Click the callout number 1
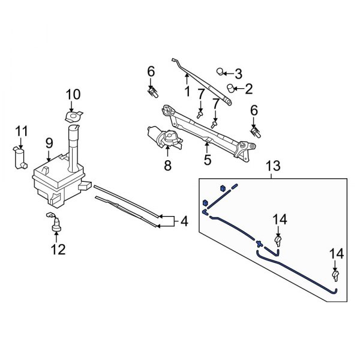coord(186,92)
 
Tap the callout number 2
coord(248,89)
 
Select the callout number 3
coord(238,74)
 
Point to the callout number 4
coord(184,222)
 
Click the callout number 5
coord(208,160)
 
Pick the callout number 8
coord(167,164)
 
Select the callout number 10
coord(73,94)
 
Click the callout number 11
coord(21,131)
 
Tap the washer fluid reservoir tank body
coord(54,177)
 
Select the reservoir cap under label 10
coord(73,115)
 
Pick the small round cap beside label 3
coord(221,72)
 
